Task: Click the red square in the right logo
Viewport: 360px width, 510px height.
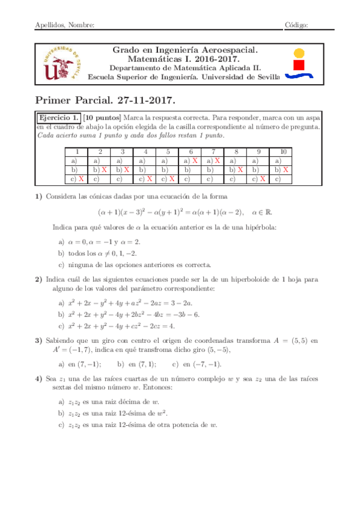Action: [x=299, y=63]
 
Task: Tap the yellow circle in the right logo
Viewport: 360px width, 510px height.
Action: [x=299, y=51]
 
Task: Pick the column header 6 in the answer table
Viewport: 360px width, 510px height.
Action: [x=191, y=152]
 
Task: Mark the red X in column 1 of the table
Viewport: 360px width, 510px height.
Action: [x=81, y=179]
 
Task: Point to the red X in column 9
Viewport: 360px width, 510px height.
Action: [x=263, y=179]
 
